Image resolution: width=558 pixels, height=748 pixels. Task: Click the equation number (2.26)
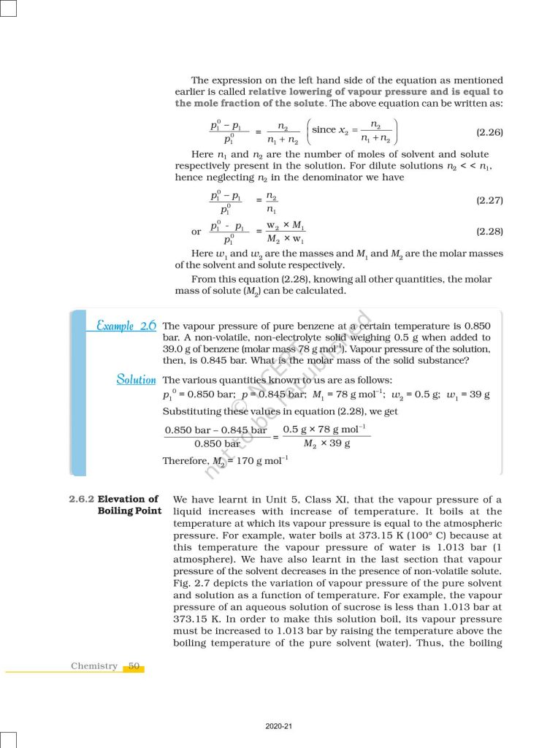click(489, 132)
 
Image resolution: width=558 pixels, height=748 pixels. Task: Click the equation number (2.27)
click(489, 199)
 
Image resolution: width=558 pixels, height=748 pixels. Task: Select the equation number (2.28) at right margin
click(489, 231)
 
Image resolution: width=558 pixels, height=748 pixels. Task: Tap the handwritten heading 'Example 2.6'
click(126, 326)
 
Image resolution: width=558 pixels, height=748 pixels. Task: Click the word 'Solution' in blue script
click(136, 379)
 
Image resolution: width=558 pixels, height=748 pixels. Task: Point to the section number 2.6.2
click(80, 500)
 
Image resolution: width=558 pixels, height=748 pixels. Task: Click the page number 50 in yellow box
click(134, 665)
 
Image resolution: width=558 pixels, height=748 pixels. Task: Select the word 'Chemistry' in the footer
click(94, 665)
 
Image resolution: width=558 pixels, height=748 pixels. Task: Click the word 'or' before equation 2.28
click(196, 232)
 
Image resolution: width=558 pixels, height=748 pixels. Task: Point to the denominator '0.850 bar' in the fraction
click(217, 443)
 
